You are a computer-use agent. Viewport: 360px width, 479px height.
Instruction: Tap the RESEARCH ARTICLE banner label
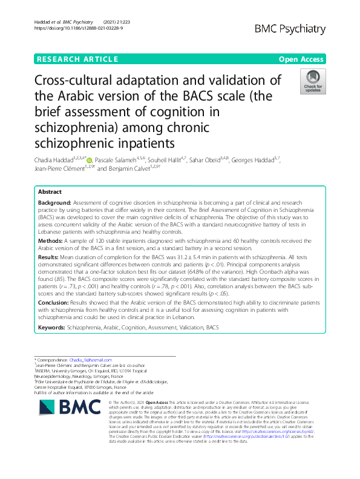pos(77,59)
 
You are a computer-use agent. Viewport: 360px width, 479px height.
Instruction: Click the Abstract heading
pos(50,191)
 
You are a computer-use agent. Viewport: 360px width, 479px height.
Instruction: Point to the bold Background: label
pos(54,204)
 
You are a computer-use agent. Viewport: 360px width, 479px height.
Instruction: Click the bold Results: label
pos(50,257)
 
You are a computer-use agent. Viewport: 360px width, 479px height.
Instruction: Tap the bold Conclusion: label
pos(55,301)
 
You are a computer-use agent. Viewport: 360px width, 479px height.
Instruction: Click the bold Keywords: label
pos(53,327)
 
